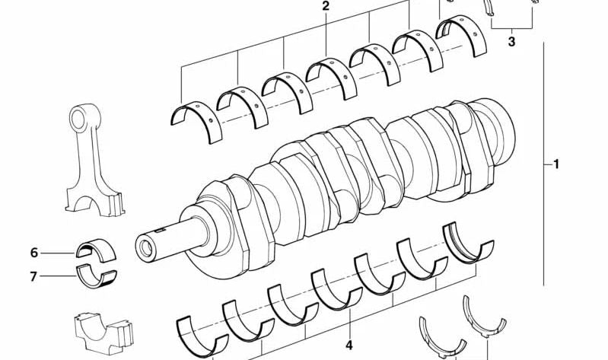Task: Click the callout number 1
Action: point(556,164)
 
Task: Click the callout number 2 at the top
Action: point(326,7)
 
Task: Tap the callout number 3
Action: point(511,42)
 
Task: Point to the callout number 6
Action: point(33,253)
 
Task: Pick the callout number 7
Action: point(33,276)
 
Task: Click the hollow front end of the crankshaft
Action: point(145,247)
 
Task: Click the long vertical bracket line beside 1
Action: point(544,164)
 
